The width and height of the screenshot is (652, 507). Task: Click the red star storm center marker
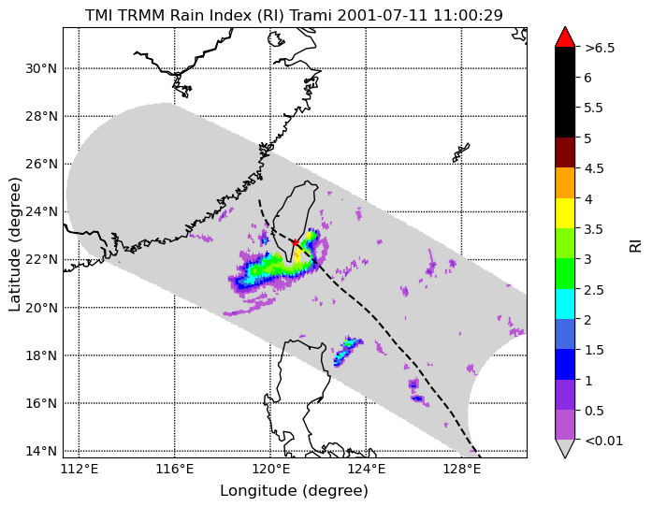click(x=295, y=242)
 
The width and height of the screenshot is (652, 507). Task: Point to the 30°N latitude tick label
click(x=41, y=68)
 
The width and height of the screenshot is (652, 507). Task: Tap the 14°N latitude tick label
click(x=41, y=451)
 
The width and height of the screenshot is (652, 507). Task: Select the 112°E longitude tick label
click(x=79, y=470)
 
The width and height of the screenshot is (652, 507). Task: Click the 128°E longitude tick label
click(x=461, y=470)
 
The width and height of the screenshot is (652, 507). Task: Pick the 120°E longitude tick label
click(x=270, y=470)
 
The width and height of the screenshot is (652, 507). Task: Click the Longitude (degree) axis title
click(x=295, y=491)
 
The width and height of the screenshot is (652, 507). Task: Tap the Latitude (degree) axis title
click(x=15, y=244)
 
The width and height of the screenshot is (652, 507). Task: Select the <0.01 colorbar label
click(x=603, y=441)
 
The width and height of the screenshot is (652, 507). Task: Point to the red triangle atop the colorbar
click(x=565, y=37)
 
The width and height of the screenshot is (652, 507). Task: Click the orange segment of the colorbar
click(x=565, y=182)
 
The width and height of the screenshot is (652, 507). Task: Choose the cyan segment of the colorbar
click(x=565, y=304)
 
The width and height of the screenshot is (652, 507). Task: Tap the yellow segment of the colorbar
click(x=565, y=213)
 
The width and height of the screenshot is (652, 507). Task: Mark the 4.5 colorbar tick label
click(x=594, y=168)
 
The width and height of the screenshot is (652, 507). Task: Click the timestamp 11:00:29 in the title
click(x=469, y=15)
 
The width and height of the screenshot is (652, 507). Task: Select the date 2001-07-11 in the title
click(x=383, y=15)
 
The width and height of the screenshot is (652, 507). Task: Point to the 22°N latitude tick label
click(x=41, y=259)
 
